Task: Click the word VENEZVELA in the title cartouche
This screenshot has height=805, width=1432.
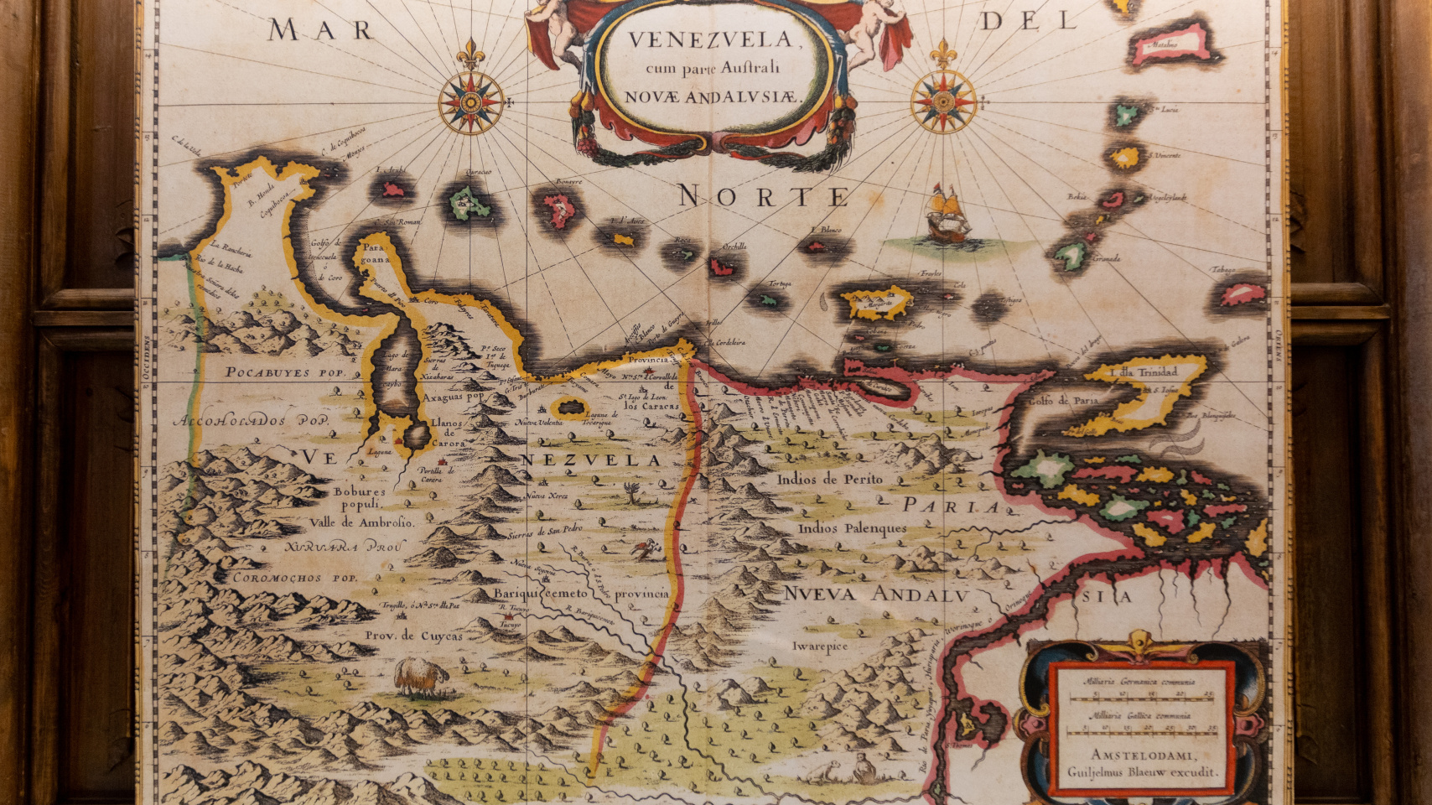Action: [x=710, y=39]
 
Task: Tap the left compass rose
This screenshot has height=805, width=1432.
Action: [x=470, y=103]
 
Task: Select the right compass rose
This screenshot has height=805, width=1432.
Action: [x=944, y=102]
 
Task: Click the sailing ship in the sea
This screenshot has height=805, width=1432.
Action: [x=948, y=215]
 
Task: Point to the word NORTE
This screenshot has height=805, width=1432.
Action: [x=763, y=196]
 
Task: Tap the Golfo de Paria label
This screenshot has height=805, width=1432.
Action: [x=1062, y=400]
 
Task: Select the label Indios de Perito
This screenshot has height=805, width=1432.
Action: [x=829, y=480]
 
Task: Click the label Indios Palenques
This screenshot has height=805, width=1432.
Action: [x=852, y=528]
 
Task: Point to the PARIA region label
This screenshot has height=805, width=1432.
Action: [x=952, y=506]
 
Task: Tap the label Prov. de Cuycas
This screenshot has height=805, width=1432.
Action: [x=413, y=636]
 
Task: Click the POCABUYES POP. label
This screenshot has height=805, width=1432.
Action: [x=278, y=371]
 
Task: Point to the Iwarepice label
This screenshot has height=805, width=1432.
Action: [x=820, y=646]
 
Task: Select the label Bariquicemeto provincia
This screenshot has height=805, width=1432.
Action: [x=580, y=594]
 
